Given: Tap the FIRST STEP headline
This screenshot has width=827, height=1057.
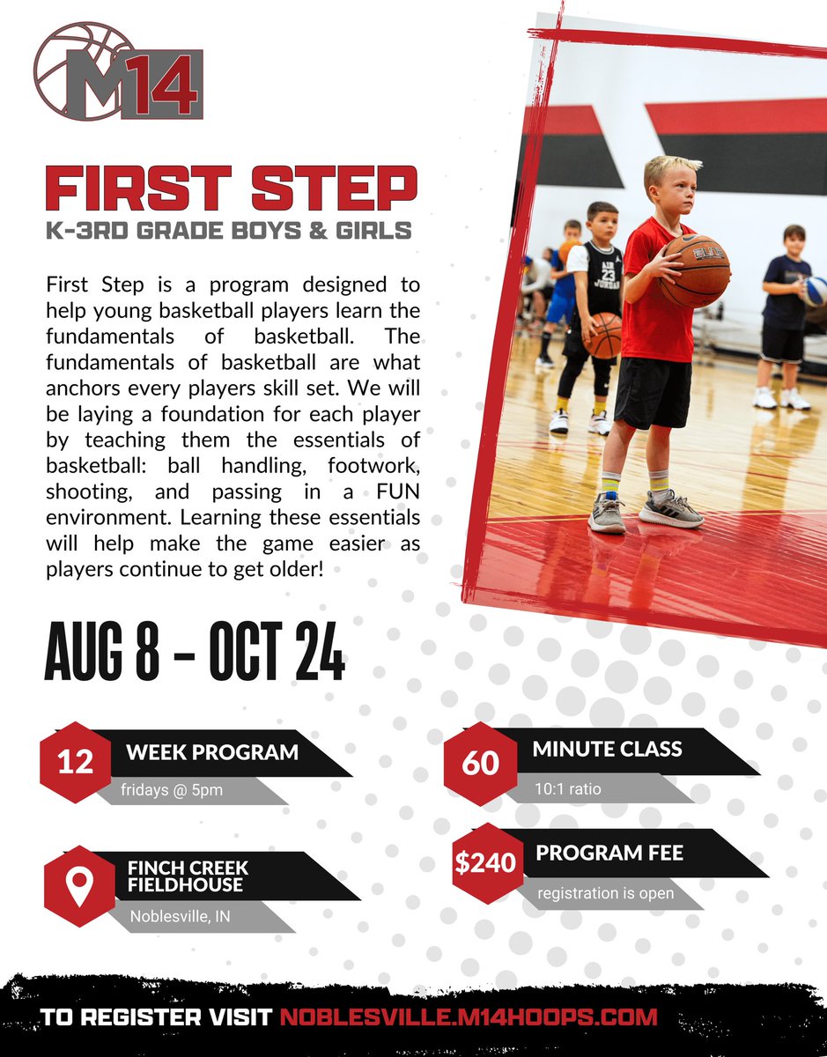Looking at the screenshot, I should [x=231, y=188].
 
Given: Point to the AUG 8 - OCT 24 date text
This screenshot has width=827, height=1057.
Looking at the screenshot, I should [x=194, y=653].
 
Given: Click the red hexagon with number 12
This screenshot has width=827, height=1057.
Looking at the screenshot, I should [x=76, y=762].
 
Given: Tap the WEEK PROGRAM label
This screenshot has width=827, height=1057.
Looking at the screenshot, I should [x=211, y=752].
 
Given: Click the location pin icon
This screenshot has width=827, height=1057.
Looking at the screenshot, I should [x=80, y=887].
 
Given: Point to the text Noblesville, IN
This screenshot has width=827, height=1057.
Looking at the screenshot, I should [x=180, y=916].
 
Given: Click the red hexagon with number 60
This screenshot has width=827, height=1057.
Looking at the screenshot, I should [x=480, y=762].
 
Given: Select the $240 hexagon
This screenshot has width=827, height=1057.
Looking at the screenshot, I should [x=484, y=862].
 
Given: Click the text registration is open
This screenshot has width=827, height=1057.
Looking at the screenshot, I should [x=606, y=893].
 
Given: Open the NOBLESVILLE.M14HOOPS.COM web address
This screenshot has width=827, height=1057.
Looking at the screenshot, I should [x=469, y=1017].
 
